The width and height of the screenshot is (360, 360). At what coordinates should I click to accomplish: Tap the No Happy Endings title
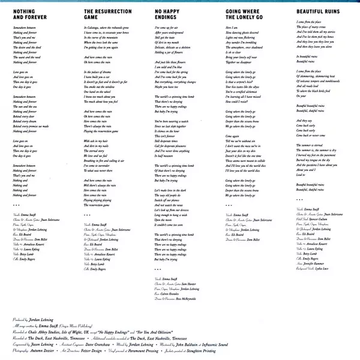point(170,14)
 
